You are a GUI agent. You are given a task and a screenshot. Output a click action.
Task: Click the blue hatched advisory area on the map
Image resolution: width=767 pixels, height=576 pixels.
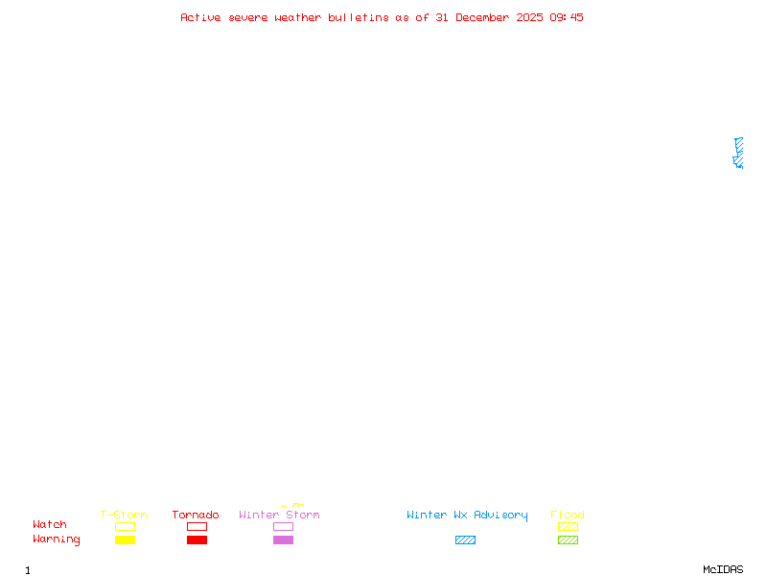(738, 152)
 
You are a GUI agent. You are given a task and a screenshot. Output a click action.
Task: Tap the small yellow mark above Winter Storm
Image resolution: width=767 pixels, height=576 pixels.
(293, 505)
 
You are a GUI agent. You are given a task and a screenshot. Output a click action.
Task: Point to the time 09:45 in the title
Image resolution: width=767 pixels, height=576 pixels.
(566, 17)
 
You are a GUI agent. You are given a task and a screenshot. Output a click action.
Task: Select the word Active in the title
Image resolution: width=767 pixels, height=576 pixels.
(201, 17)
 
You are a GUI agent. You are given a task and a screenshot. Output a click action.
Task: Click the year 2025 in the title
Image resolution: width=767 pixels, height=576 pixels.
(529, 17)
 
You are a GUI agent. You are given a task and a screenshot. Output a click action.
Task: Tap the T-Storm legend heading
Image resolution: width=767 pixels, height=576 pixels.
(124, 516)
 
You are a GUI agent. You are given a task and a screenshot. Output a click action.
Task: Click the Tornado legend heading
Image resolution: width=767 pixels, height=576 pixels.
(196, 516)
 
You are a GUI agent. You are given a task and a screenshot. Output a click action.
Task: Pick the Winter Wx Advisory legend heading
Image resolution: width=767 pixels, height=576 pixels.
(467, 516)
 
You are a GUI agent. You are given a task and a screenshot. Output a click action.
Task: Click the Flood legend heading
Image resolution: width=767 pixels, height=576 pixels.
(568, 516)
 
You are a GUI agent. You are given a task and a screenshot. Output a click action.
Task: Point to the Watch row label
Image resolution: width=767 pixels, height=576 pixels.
(50, 525)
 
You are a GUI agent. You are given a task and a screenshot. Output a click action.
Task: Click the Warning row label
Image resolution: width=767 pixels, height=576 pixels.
(57, 540)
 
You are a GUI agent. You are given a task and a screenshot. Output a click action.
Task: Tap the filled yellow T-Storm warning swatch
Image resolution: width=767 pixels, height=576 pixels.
(125, 540)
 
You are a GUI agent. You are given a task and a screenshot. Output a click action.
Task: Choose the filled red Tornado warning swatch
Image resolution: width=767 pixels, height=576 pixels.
(197, 540)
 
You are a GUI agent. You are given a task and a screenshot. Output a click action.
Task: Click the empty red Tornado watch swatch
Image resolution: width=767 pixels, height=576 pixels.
(197, 526)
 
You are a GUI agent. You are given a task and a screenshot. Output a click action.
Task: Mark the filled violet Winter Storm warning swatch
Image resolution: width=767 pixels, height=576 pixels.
(283, 540)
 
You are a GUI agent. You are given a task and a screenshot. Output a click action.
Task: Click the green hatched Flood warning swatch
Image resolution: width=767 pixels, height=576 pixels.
(568, 540)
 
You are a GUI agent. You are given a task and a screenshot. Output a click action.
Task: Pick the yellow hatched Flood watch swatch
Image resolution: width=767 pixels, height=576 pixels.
(568, 526)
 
